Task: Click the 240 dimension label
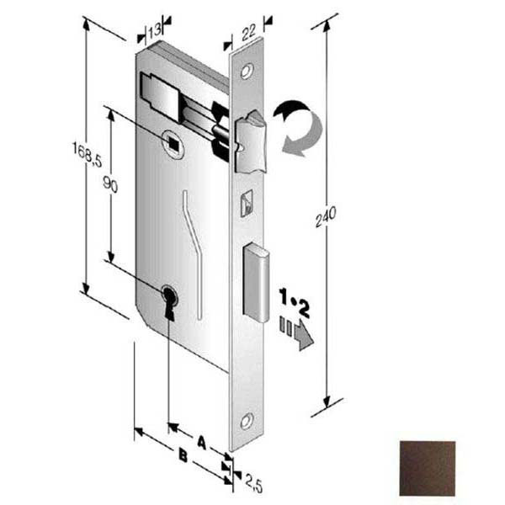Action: [x=326, y=216]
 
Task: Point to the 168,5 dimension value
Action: [x=87, y=155]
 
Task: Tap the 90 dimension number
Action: [x=110, y=185]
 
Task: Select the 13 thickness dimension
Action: [x=155, y=30]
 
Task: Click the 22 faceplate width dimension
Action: [x=248, y=32]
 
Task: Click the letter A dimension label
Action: [x=202, y=442]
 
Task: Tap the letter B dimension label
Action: [x=183, y=455]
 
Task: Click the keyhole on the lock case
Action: [x=169, y=302]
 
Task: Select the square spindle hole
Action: [x=173, y=144]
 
